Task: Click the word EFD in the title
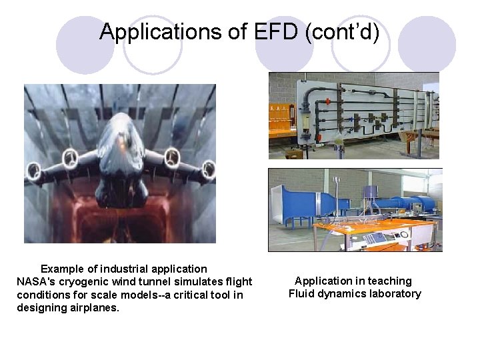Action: coord(277,31)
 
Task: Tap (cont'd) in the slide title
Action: coord(341,31)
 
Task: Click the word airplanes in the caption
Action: coord(94,307)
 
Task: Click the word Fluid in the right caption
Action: coord(301,294)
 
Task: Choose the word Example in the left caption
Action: coord(62,269)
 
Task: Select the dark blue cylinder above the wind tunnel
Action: coord(370,193)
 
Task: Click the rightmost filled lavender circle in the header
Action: coord(427,45)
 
